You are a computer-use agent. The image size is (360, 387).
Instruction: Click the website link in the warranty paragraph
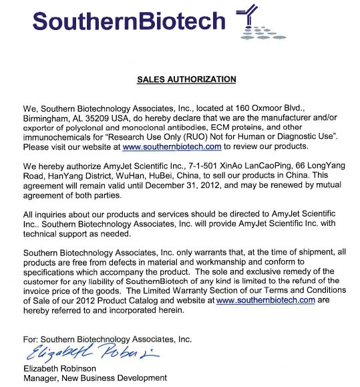tap(265, 301)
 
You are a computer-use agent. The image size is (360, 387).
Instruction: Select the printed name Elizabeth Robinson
tap(59, 367)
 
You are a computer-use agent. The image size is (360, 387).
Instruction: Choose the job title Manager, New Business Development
tap(94, 378)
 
